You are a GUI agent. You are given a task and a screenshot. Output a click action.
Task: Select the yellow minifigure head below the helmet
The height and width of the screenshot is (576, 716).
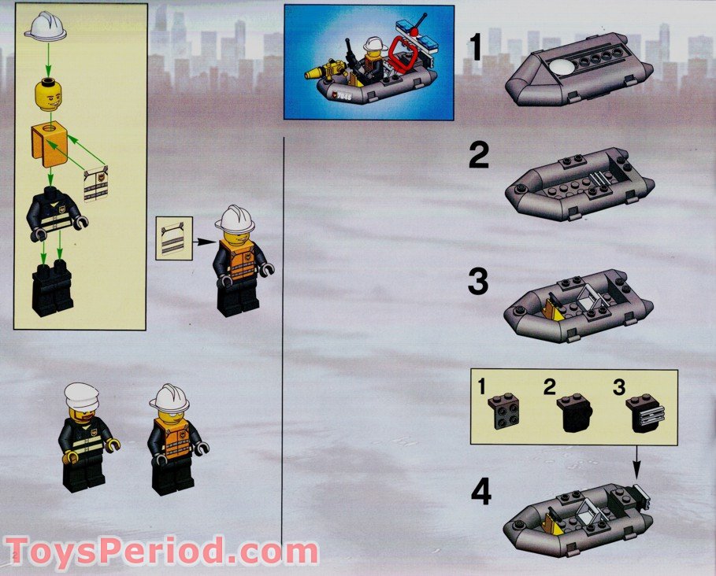coord(50,94)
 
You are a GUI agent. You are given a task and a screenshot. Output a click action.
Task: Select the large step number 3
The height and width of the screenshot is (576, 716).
coord(478,282)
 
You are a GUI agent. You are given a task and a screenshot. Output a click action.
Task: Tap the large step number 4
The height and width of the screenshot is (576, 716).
coord(480,492)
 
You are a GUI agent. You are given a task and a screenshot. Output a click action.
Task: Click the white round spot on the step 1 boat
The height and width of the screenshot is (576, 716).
coord(564,70)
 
